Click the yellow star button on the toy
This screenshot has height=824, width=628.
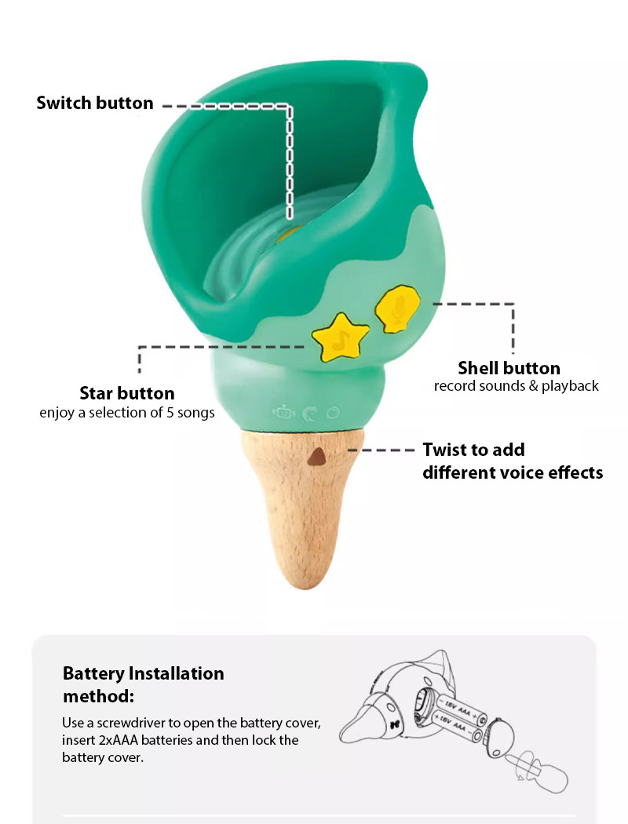pyautogui.click(x=340, y=337)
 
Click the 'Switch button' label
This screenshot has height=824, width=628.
pyautogui.click(x=95, y=103)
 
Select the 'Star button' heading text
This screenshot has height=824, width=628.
pyautogui.click(x=127, y=393)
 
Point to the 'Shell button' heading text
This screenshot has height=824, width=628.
pyautogui.click(x=509, y=368)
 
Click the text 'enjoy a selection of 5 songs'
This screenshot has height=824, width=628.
pyautogui.click(x=127, y=413)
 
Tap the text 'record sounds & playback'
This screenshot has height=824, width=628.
pyautogui.click(x=517, y=386)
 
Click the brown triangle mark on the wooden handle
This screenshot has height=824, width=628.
pyautogui.click(x=318, y=457)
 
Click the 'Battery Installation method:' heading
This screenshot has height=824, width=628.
pyautogui.click(x=143, y=684)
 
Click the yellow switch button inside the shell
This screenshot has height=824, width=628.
pyautogui.click(x=289, y=232)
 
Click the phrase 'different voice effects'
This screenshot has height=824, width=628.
pyautogui.click(x=513, y=472)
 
